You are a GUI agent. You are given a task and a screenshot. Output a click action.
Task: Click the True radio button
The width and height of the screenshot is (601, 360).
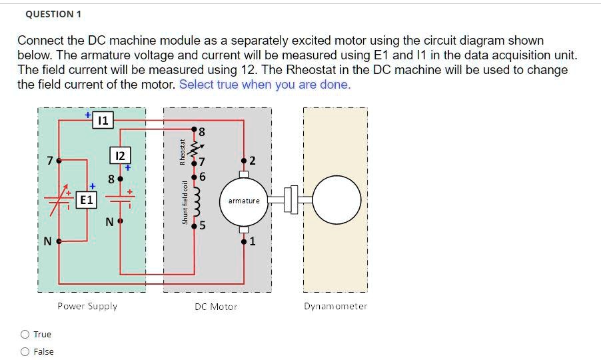pyautogui.click(x=25, y=335)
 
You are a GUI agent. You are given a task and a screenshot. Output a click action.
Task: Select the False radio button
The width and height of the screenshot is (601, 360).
pyautogui.click(x=25, y=352)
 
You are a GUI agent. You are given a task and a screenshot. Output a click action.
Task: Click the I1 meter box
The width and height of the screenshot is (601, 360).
pyautogui.click(x=102, y=121)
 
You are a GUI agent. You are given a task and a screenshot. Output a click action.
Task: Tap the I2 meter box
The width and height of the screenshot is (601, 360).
pyautogui.click(x=119, y=155)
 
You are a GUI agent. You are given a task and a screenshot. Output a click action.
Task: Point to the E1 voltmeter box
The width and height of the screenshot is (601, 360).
pyautogui.click(x=87, y=199)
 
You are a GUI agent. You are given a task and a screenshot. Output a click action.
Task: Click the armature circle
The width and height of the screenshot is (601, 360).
pyautogui.click(x=244, y=200)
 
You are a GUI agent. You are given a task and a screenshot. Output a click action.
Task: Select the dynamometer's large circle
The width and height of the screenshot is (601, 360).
pyautogui.click(x=337, y=200)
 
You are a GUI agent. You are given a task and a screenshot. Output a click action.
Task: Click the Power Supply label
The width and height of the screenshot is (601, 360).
pyautogui.click(x=87, y=306)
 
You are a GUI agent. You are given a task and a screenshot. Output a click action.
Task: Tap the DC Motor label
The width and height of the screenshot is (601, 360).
pyautogui.click(x=216, y=307)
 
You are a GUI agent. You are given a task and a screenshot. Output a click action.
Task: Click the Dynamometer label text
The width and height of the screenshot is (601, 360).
pyautogui.click(x=335, y=306)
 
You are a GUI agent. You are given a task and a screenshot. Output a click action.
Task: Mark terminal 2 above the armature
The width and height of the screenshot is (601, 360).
pyautogui.click(x=244, y=161)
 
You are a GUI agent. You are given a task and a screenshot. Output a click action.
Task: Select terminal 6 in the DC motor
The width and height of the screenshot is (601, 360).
pyautogui.click(x=195, y=177)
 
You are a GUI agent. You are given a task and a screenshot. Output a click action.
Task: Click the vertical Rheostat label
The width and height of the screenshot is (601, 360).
pyautogui.click(x=181, y=151)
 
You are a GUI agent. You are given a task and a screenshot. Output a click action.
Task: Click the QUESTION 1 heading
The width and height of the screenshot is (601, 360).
pyautogui.click(x=49, y=14)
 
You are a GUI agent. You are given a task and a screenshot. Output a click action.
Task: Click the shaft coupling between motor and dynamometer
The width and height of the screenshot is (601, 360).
pyautogui.click(x=290, y=200)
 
